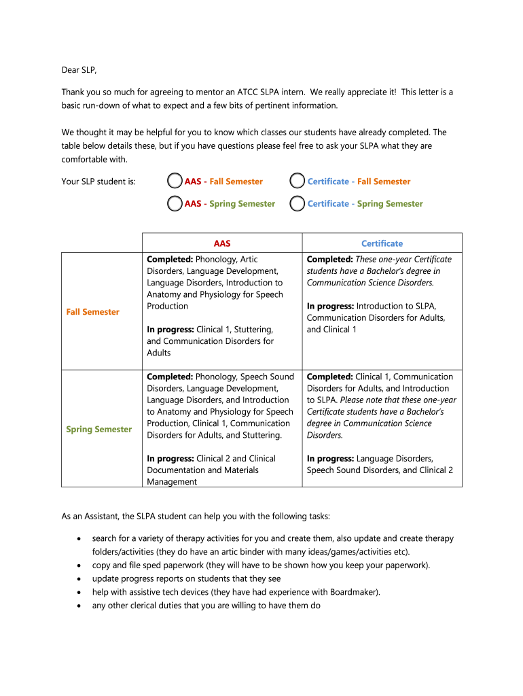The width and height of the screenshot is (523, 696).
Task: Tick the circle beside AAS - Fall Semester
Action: point(175,181)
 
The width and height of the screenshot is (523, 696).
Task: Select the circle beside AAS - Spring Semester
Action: point(175,203)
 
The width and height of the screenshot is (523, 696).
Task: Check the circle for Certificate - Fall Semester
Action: point(297,181)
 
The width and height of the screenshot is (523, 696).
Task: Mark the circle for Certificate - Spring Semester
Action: point(297,203)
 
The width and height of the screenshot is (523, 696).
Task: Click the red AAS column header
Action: point(222,243)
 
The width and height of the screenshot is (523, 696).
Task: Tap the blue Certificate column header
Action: point(382,243)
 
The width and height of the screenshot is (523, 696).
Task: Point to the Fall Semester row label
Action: point(92,312)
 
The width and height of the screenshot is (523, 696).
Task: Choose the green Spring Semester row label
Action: point(99,430)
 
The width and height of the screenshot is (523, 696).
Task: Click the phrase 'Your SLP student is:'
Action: point(98,181)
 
